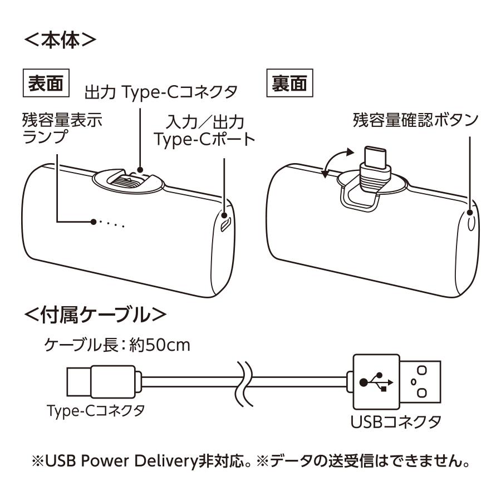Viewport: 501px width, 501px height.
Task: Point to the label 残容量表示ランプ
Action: pos(61,128)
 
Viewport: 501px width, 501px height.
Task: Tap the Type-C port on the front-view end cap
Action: pos(225,223)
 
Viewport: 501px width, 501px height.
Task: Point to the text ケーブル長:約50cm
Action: pos(117,345)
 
